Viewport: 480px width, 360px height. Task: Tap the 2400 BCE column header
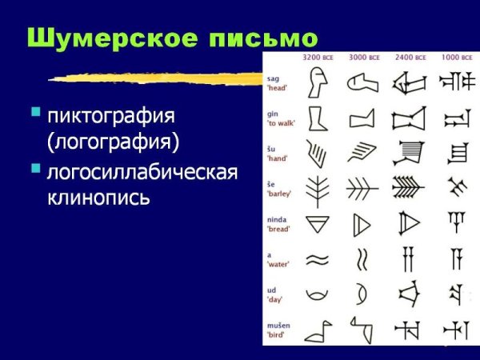(410, 58)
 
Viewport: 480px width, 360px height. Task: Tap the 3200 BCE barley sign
(318, 186)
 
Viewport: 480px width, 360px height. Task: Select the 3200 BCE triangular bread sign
(318, 223)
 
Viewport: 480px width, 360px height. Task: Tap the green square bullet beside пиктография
(35, 113)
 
